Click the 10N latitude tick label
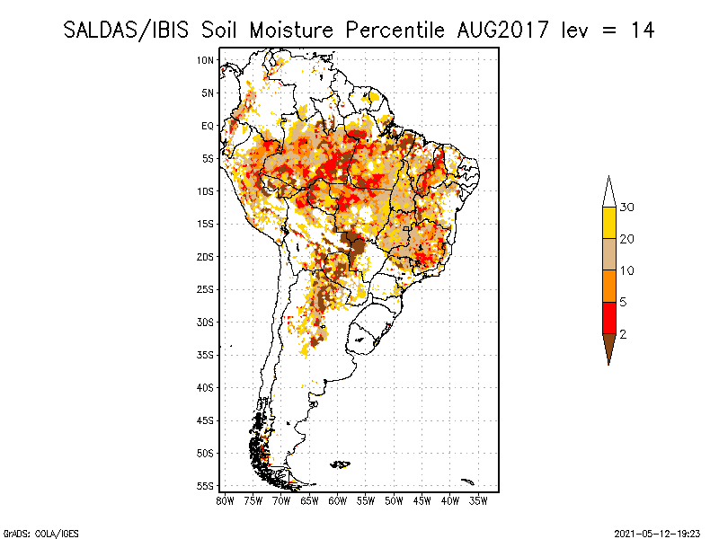[205, 60]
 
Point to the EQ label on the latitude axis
[207, 126]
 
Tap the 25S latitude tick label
[205, 289]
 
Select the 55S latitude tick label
[205, 485]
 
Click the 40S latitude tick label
[205, 387]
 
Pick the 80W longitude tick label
[226, 499]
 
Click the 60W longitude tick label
[338, 499]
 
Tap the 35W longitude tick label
[479, 499]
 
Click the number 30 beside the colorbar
[627, 208]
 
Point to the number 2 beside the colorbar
[623, 334]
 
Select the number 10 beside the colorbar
[627, 270]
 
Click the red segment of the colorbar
[608, 317]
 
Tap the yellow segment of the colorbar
[608, 223]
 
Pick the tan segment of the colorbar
[608, 254]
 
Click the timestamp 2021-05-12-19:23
[657, 532]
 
